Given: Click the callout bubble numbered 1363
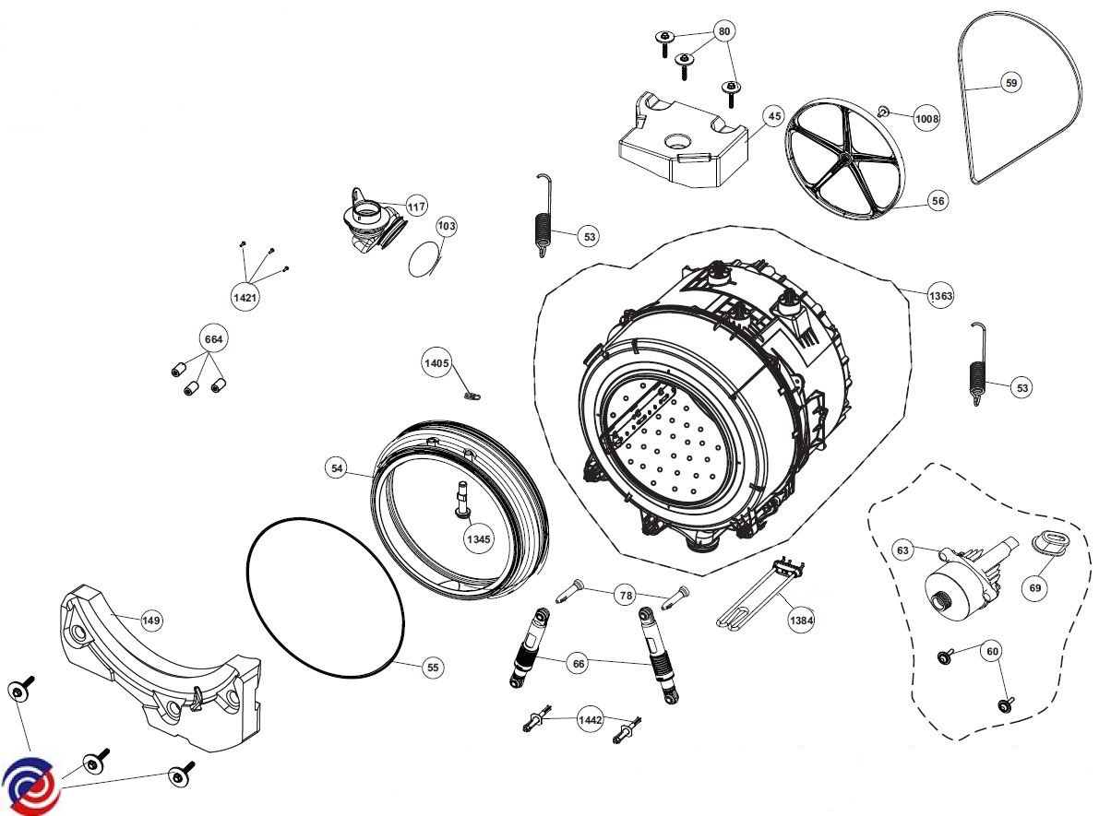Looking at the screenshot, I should click(941, 295).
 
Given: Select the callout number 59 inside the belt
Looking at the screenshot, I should click(1011, 83).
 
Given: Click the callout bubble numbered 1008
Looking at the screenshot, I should click(926, 118).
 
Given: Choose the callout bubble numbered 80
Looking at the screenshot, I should click(724, 31).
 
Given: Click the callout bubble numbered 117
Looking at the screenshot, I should click(416, 207).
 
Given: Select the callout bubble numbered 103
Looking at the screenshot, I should click(447, 226).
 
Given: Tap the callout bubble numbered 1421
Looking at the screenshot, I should click(245, 297).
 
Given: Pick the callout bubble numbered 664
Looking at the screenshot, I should click(213, 339).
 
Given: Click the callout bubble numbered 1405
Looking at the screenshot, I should click(436, 363).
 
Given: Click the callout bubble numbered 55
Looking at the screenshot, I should click(432, 667).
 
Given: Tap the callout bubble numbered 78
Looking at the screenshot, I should click(626, 597).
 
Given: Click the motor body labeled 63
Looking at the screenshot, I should click(955, 585).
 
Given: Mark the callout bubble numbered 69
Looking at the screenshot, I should click(1035, 585).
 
